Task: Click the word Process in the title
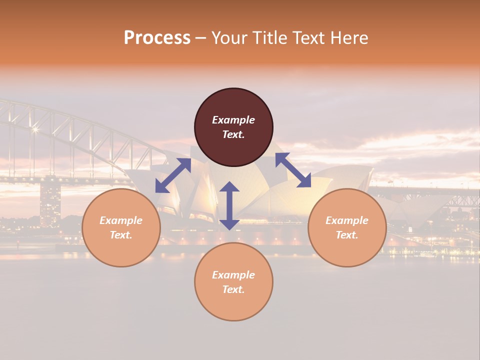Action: [x=157, y=38]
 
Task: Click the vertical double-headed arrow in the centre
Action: [x=229, y=205]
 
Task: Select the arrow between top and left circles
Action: [x=173, y=175]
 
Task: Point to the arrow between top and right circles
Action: [x=293, y=170]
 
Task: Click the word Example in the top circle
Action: [x=233, y=120]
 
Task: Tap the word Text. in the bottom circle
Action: [x=233, y=289]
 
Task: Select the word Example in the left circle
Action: [x=121, y=220]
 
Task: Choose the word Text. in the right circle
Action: [x=347, y=235]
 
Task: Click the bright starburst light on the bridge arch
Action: [x=35, y=129]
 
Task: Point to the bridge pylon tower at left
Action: [x=50, y=202]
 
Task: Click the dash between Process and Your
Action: [x=200, y=38]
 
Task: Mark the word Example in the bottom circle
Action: [x=233, y=275]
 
